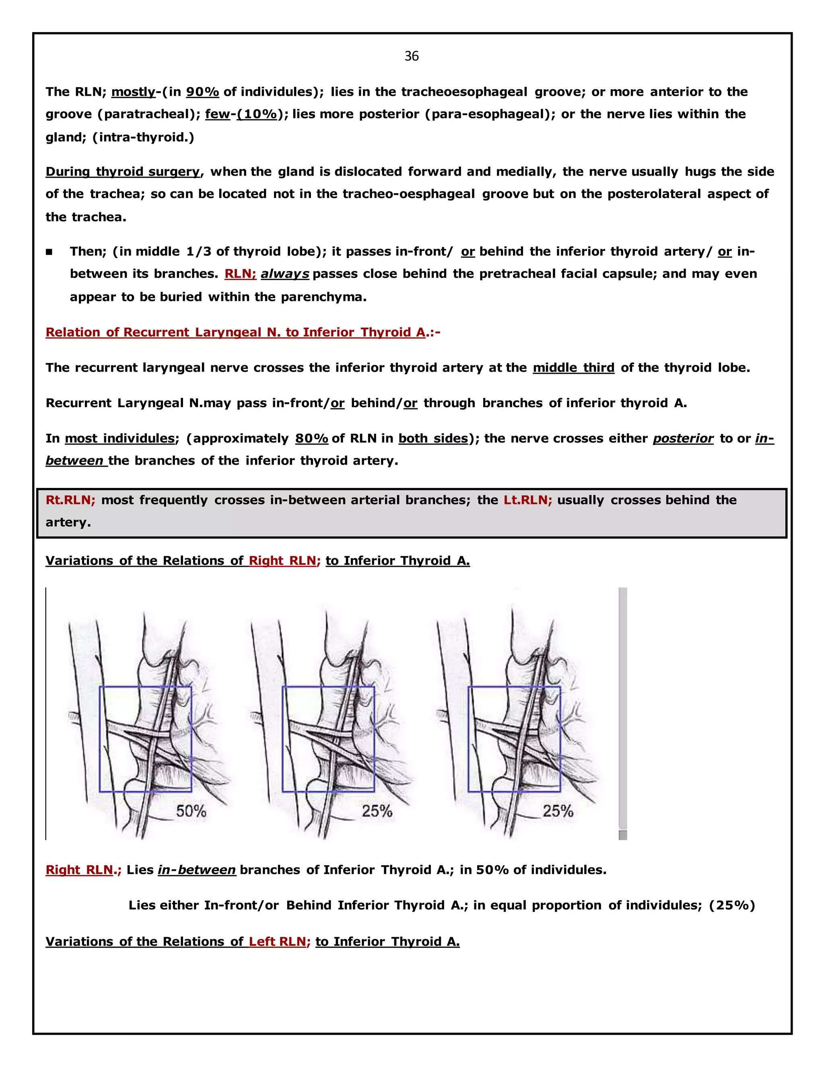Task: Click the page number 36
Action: coord(412,56)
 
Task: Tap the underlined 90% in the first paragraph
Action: coord(202,92)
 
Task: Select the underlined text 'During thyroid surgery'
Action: coord(123,172)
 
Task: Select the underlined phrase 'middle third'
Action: coord(573,368)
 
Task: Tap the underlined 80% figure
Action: coord(311,438)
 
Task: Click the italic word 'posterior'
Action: coord(683,438)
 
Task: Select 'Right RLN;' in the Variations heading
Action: coord(284,560)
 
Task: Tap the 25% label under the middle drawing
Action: coord(377,811)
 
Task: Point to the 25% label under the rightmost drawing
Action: coord(558,811)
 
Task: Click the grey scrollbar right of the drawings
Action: coord(622,708)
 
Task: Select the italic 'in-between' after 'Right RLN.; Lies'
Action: coord(197,870)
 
